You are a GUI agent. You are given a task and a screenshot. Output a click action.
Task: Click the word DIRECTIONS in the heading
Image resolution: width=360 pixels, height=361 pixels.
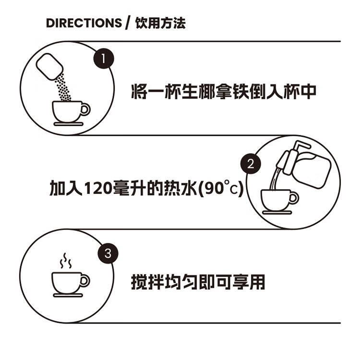pos(84,23)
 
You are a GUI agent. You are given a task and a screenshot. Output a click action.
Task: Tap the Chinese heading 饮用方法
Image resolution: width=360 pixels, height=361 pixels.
pos(160,23)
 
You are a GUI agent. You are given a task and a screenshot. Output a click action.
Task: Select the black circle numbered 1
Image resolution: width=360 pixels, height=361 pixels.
pos(104,59)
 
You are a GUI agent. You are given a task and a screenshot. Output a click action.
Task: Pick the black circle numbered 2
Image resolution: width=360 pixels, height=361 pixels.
pos(251,164)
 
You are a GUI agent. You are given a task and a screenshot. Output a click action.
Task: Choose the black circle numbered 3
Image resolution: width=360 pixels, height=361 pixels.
pos(108,253)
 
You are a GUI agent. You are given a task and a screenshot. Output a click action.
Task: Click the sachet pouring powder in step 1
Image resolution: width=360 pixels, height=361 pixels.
pos(49,67)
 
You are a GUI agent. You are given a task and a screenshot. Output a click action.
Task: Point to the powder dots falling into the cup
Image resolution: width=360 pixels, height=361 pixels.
pos(62,88)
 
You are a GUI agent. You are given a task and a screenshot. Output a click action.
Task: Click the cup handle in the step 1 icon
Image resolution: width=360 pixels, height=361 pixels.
pos(85,109)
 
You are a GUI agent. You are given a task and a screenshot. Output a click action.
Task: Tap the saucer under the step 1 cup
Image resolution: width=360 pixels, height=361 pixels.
pos(68,124)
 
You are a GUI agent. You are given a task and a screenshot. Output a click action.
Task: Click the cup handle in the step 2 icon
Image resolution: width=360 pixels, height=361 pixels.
pos(294,198)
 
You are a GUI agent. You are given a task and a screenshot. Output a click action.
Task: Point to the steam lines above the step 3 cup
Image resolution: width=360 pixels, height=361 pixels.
pos(66,261)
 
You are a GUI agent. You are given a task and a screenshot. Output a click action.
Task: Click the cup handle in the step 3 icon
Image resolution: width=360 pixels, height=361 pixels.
pos(85,281)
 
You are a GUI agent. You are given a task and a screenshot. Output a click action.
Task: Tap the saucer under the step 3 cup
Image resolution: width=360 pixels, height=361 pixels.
pos(68,295)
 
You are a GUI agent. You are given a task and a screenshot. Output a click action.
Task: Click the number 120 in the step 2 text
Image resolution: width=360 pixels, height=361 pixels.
pos(98,188)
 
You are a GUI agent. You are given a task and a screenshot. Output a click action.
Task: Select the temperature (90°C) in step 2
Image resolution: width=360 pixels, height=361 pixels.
pos(221,188)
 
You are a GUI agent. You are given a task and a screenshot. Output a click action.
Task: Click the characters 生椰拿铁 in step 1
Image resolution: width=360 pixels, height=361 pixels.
pos(215,91)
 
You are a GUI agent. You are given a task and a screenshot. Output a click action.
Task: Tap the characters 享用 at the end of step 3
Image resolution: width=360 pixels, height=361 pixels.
pos(249,282)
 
